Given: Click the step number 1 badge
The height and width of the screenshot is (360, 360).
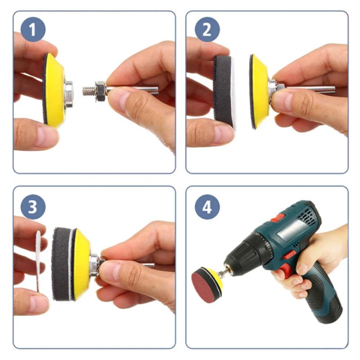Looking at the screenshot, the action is tap(33, 29).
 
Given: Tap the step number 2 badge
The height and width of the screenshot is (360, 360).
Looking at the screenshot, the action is tap(207, 29).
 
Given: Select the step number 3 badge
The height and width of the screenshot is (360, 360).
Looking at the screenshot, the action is tap(33, 207).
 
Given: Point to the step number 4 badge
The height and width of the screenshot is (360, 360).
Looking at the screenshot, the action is tap(207, 207).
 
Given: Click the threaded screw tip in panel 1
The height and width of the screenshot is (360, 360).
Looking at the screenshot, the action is tap(89, 91).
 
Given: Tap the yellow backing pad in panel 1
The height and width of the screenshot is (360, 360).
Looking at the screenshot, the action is tap(55, 90).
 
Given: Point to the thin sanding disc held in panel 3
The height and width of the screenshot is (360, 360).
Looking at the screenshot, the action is tap(38, 261).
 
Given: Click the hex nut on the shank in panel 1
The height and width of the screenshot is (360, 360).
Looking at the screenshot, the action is tap(101, 91).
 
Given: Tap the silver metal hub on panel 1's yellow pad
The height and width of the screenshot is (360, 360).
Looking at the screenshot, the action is tap(68, 94).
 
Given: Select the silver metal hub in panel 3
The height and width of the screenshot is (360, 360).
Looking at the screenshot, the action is tap(94, 265).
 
